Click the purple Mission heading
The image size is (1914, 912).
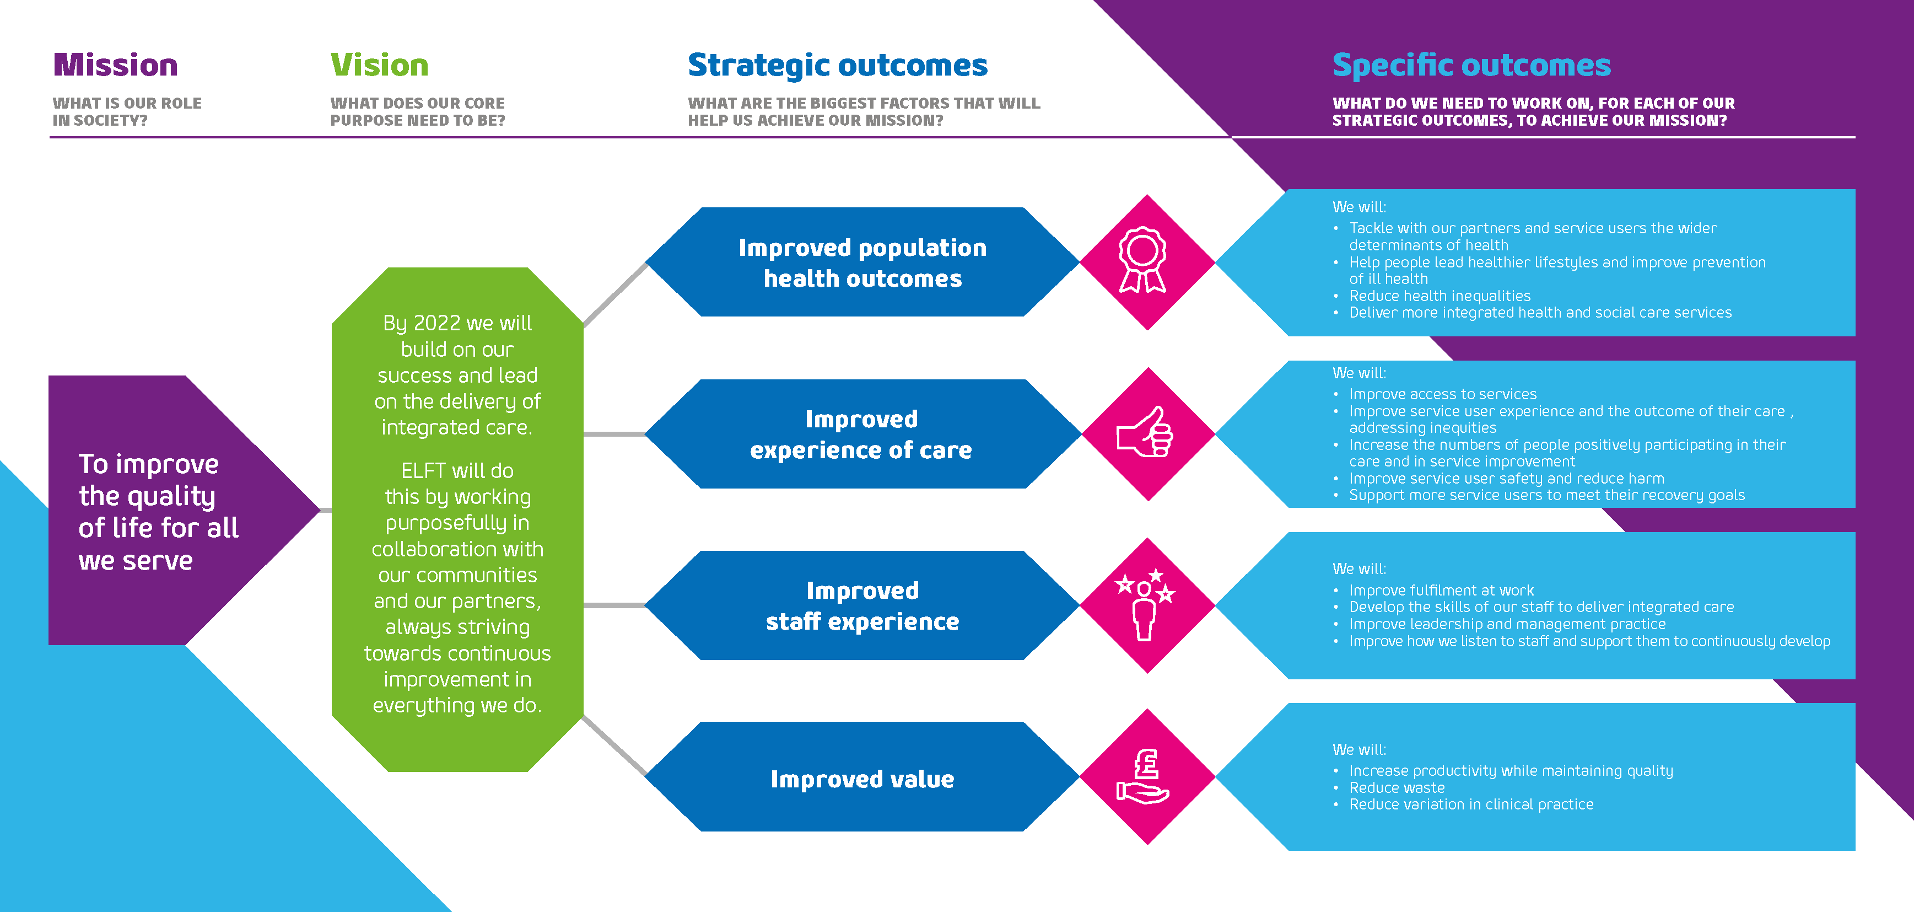tap(115, 66)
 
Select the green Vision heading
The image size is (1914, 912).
tap(380, 66)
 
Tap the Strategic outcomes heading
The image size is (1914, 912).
tap(837, 66)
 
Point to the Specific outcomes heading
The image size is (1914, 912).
tap(1471, 66)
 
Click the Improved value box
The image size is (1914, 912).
tap(862, 777)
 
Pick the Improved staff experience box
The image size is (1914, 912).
tap(862, 605)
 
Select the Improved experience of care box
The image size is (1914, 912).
tap(862, 434)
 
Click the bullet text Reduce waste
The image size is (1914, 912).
tap(1397, 788)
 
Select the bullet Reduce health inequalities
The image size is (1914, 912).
tap(1440, 296)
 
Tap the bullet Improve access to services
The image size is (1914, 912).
tap(1443, 394)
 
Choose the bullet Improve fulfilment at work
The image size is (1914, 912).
tap(1442, 590)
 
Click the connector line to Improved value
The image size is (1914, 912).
tap(614, 745)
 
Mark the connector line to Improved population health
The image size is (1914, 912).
tap(615, 294)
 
